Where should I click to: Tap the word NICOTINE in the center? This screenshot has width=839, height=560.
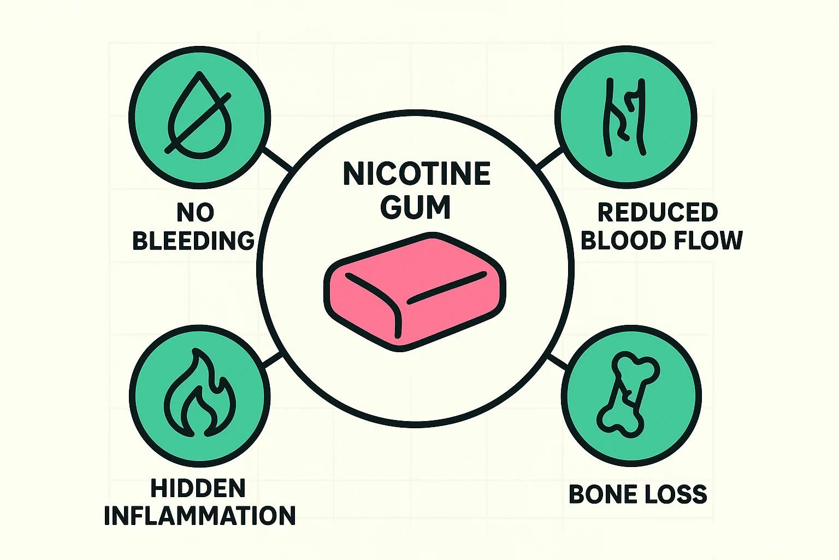(416, 174)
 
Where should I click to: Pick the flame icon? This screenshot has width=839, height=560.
(200, 394)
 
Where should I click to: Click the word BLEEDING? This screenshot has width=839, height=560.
(193, 241)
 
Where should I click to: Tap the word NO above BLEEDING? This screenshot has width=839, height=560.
(195, 212)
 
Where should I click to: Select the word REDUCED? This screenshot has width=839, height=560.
(657, 212)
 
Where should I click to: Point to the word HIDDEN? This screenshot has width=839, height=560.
(198, 488)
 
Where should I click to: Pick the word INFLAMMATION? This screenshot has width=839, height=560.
(200, 516)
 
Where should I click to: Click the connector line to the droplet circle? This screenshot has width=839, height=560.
(277, 157)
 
